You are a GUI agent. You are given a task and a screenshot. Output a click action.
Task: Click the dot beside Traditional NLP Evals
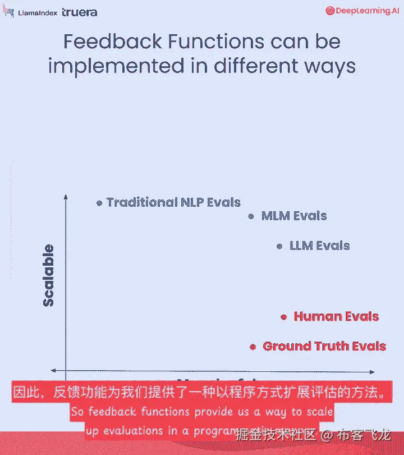point(99,203)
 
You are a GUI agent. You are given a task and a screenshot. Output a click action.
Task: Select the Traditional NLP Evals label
point(173,202)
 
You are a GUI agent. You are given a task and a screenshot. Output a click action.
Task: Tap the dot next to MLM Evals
point(251,216)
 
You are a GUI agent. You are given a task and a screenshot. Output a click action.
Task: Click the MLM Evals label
point(294,216)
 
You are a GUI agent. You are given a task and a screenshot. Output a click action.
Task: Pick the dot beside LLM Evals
point(279,246)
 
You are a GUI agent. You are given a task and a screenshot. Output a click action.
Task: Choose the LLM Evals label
point(319,245)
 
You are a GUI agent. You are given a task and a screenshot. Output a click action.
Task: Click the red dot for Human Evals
point(283,317)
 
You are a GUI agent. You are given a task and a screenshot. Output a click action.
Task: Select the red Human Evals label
point(336,316)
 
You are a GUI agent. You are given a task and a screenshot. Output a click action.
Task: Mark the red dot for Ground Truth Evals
point(253,347)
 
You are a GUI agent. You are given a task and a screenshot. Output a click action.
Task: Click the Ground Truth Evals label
point(324,346)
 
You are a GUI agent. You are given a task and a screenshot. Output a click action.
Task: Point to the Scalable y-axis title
point(49,275)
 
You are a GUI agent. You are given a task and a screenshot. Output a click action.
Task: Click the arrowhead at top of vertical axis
point(66,196)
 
